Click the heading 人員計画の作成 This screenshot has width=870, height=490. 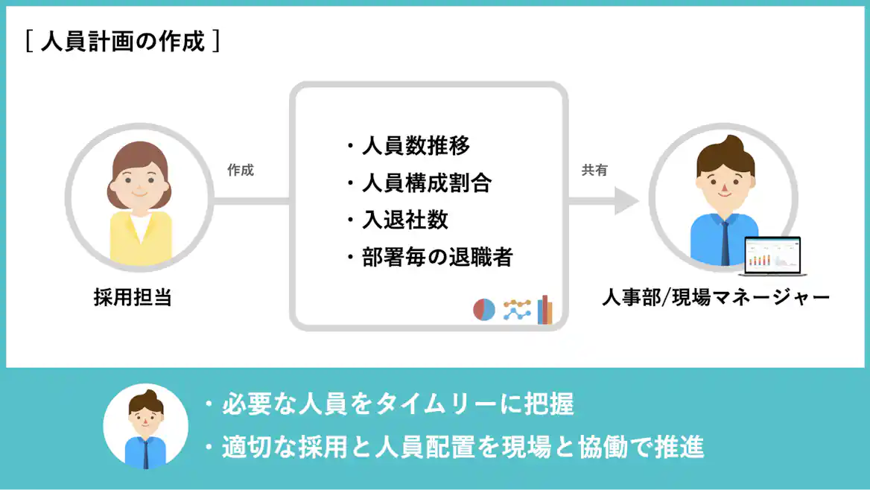(x=122, y=42)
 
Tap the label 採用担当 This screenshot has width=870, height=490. (x=133, y=298)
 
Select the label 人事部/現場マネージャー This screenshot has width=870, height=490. (x=715, y=298)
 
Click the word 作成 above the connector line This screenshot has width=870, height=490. (x=241, y=171)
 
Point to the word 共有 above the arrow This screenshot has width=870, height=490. (x=594, y=171)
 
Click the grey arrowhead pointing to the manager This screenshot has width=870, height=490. (x=626, y=201)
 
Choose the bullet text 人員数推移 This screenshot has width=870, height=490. (x=416, y=145)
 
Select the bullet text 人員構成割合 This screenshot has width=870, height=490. (x=426, y=182)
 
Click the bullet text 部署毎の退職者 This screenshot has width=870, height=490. (x=437, y=258)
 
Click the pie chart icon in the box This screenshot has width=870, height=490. (x=484, y=310)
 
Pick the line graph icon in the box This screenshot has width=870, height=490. (x=517, y=310)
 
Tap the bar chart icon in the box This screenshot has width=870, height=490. (x=546, y=310)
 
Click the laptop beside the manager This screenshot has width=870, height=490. (x=774, y=254)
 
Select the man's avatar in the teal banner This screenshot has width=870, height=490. (x=145, y=426)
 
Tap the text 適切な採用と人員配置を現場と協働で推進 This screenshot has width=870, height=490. (x=463, y=448)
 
